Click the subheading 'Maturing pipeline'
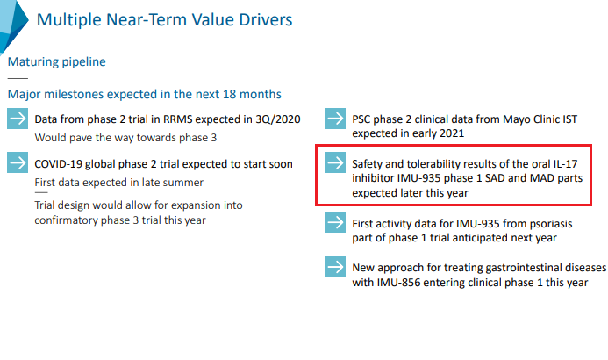pos(56,62)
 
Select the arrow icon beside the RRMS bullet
pos(18,120)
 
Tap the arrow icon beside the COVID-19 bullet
pos(18,163)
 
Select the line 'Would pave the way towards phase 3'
pos(125,137)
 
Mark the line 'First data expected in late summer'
pos(118,182)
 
